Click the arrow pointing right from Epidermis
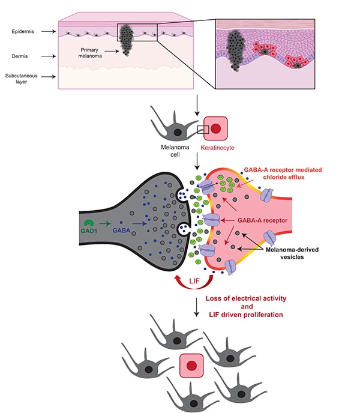[x=43, y=29]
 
